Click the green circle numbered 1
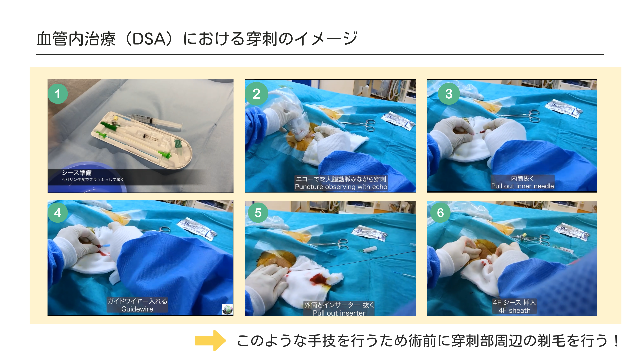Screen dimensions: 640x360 point(58,94)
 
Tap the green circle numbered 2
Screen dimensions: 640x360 point(256,94)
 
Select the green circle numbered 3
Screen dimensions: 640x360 point(449,94)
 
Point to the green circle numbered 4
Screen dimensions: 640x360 point(58,212)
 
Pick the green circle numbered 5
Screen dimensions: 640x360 point(258,212)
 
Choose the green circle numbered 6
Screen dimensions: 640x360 point(440,212)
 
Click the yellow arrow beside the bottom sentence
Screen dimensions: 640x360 point(210,341)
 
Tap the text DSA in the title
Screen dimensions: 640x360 point(149,39)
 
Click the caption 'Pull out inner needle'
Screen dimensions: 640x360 point(522,186)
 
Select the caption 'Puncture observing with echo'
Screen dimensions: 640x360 point(341,187)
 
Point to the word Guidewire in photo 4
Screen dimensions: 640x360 point(137,309)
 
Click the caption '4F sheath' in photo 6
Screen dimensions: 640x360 point(514,310)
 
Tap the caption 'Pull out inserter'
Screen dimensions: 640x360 point(339,313)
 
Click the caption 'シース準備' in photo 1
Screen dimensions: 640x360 point(77,173)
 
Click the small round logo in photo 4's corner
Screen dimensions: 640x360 point(227,309)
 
